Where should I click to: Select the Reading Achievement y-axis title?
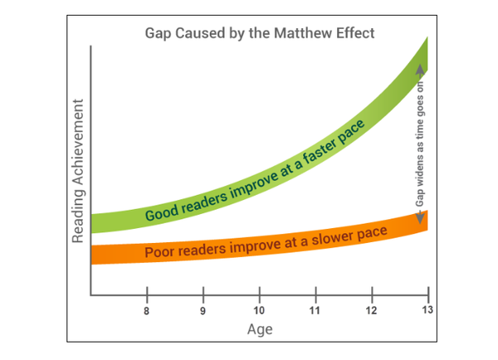point(78,171)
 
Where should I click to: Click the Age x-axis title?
point(259,329)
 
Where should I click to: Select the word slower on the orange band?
point(330,238)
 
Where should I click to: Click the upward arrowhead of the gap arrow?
point(420,71)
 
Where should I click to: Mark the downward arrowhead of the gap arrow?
point(420,217)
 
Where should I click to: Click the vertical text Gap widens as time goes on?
point(420,144)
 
